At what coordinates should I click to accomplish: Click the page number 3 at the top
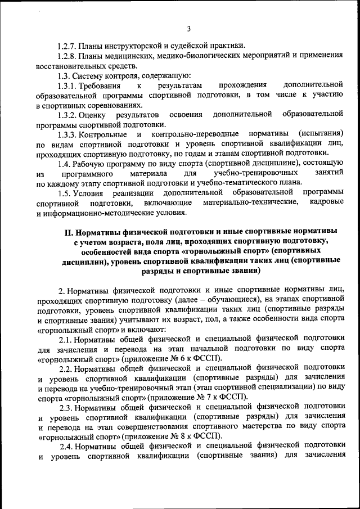coord(189,29)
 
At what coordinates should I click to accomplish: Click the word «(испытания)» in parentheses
coord(321,134)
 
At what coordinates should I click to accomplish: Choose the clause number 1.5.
coord(65,193)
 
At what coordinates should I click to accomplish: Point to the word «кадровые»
coord(326,202)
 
